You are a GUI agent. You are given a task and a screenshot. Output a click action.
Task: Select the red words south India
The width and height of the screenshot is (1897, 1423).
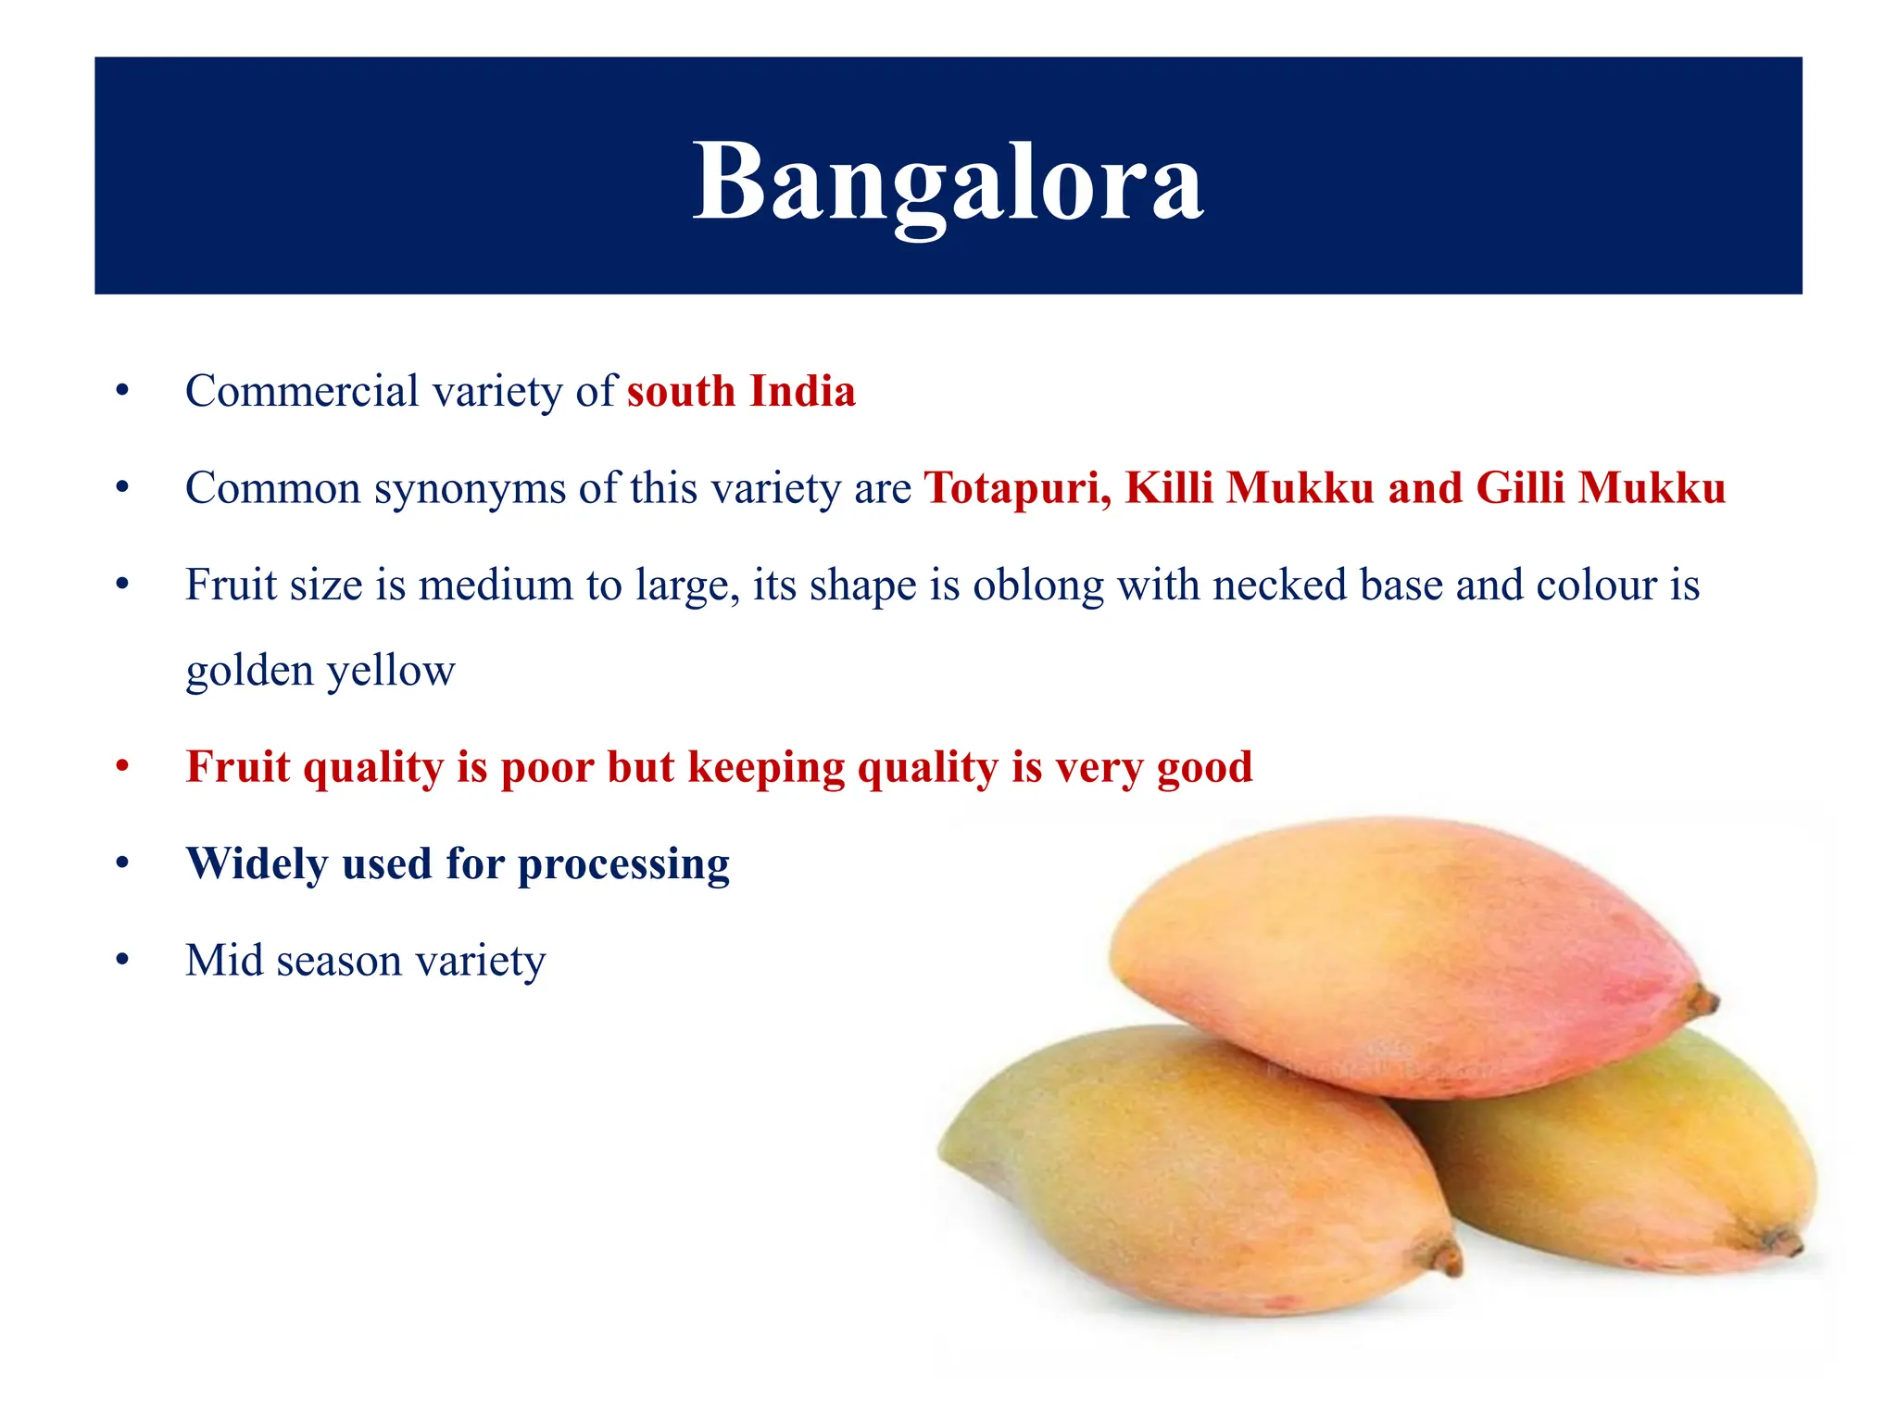pos(741,391)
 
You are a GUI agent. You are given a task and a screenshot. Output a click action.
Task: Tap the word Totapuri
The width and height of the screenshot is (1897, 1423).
pos(1017,487)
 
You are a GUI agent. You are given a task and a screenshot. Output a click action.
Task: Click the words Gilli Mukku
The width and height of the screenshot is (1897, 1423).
pos(1601,487)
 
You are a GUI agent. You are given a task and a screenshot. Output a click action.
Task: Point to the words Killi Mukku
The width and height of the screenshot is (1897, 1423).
pos(1249,487)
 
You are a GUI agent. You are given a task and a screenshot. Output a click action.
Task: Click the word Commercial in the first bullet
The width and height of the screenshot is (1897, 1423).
pos(302,391)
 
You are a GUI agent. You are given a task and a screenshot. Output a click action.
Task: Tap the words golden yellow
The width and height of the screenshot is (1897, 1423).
pos(320,671)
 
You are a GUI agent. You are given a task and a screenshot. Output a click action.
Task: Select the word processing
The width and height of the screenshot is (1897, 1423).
pos(623,865)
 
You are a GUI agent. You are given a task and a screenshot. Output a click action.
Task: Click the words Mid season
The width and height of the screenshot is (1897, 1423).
pos(294,961)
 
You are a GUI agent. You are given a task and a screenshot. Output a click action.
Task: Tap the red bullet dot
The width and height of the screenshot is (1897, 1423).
pos(122,767)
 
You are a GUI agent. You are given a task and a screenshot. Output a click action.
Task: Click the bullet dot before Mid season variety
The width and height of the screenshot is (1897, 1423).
pos(122,961)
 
